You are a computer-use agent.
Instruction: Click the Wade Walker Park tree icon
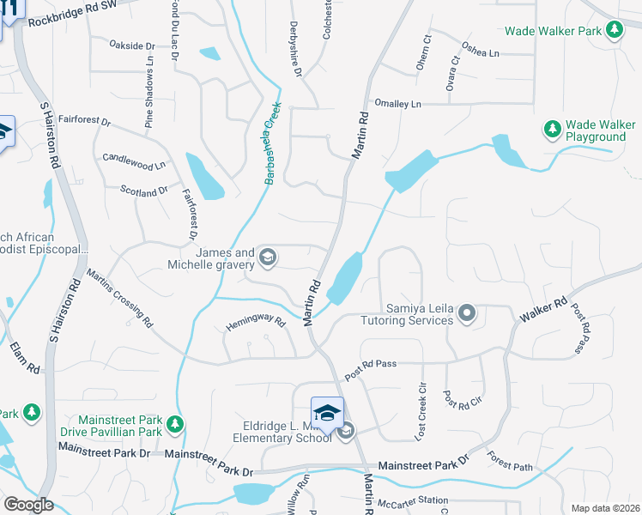(x=614, y=31)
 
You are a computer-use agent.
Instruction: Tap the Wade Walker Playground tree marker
(x=553, y=130)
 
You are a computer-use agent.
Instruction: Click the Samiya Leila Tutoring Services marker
(x=466, y=312)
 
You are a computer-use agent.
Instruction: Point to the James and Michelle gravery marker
(x=267, y=257)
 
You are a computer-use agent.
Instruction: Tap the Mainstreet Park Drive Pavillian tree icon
(x=175, y=424)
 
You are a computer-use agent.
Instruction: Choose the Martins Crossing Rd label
(x=119, y=298)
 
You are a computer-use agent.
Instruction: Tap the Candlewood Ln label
(x=134, y=160)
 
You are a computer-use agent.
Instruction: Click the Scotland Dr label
(x=143, y=190)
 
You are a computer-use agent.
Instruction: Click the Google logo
(x=28, y=505)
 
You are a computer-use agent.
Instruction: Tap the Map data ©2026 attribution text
(x=605, y=508)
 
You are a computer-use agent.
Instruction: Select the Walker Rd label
(x=542, y=312)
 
